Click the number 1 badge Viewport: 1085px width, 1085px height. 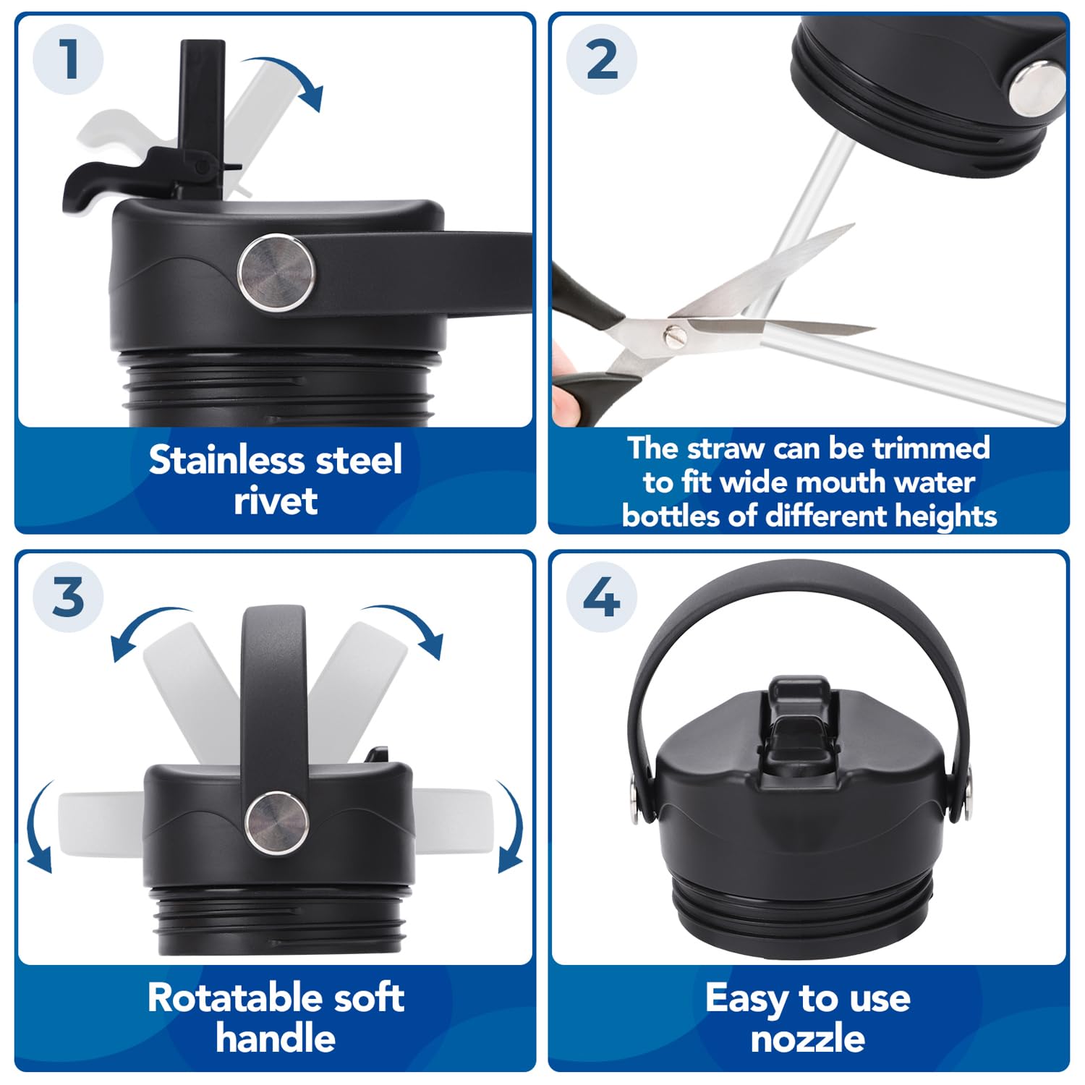tap(69, 59)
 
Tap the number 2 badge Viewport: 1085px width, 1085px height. tap(602, 59)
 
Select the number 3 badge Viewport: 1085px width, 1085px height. tap(69, 597)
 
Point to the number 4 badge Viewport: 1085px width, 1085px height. tap(602, 597)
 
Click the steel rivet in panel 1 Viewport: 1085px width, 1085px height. tap(277, 272)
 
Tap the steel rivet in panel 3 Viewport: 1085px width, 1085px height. tap(277, 822)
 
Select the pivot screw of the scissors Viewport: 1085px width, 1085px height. tap(674, 335)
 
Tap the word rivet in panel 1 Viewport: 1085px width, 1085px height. tap(276, 501)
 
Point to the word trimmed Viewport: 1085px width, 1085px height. tap(931, 448)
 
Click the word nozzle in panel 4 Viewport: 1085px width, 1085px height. tap(807, 1039)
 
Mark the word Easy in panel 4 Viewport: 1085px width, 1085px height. tap(747, 999)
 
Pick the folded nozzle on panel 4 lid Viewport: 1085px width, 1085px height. tap(799, 723)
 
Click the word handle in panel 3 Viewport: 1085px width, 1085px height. tap(276, 1039)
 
